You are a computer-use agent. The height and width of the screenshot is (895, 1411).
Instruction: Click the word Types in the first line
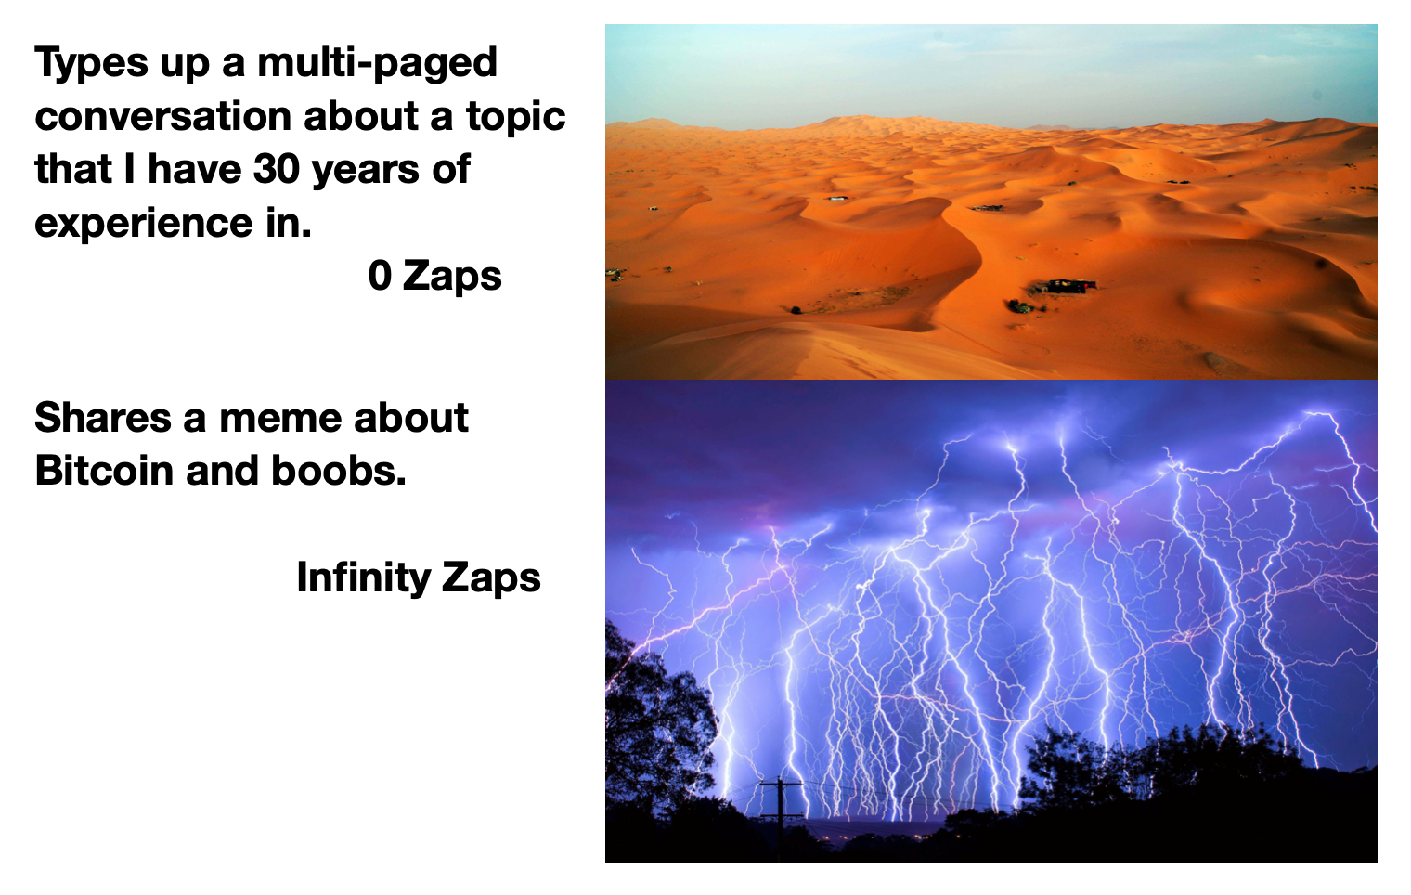[91, 63]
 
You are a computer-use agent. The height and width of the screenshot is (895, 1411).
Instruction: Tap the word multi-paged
[377, 63]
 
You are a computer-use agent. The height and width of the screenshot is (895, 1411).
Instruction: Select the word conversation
[163, 116]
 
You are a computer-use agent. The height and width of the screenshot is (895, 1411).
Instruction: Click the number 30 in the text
[276, 169]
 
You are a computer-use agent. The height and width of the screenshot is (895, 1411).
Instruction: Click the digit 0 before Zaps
[380, 276]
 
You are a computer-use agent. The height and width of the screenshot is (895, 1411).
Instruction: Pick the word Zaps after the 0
[452, 277]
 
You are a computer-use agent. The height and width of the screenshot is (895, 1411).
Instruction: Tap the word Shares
[103, 418]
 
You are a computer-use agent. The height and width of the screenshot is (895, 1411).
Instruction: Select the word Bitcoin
[104, 471]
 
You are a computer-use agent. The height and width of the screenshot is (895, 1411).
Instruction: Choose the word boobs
[339, 471]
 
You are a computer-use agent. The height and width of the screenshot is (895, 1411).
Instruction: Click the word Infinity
[364, 578]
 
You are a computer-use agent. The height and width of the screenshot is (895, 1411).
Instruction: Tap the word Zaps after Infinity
[491, 578]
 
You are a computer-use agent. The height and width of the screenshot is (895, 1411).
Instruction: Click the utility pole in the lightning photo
[781, 812]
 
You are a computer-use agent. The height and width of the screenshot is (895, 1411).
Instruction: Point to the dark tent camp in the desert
[1070, 286]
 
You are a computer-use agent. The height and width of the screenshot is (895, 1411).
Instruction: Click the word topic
[516, 117]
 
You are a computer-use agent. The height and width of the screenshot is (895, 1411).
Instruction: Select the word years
[366, 170]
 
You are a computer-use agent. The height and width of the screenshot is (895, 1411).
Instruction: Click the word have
[195, 169]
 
